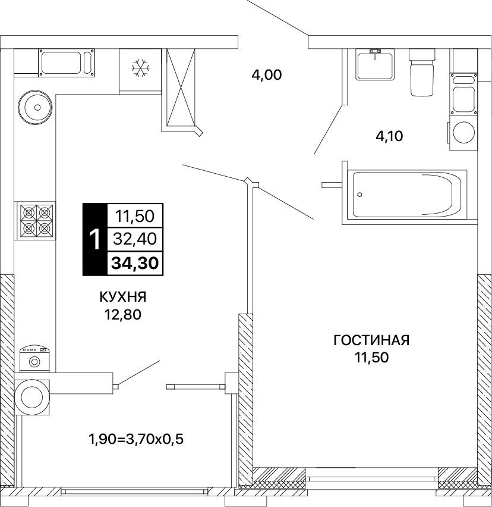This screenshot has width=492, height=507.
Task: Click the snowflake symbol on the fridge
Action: click(x=141, y=68)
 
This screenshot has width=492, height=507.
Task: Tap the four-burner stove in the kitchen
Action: click(x=36, y=221)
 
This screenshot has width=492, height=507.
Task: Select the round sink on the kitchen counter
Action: click(x=35, y=107)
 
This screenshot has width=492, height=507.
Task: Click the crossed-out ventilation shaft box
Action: click(x=181, y=87)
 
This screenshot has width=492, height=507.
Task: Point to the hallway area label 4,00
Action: click(x=267, y=75)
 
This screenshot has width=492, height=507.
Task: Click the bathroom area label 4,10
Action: click(x=389, y=136)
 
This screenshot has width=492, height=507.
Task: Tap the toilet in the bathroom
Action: click(x=422, y=72)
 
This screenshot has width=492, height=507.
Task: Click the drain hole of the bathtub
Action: click(x=359, y=195)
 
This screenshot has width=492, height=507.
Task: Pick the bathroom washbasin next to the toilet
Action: click(x=375, y=64)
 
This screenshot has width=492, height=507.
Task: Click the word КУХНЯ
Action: click(x=123, y=296)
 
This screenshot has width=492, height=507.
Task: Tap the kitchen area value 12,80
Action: click(x=122, y=314)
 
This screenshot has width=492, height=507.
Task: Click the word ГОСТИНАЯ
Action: click(x=371, y=340)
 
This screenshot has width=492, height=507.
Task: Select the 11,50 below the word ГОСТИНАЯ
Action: click(x=371, y=358)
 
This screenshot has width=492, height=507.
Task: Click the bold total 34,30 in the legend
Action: click(x=135, y=264)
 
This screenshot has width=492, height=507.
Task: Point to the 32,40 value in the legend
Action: click(x=135, y=239)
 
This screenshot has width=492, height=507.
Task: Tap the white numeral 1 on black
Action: click(x=95, y=240)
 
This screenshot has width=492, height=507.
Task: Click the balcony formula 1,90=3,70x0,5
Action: click(x=136, y=439)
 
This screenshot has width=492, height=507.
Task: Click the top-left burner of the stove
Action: click(x=29, y=213)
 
